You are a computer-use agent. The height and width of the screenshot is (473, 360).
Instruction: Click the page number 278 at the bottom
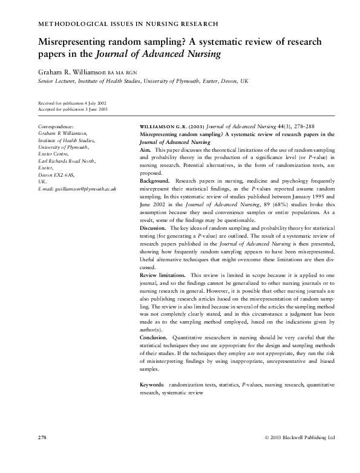point(42,437)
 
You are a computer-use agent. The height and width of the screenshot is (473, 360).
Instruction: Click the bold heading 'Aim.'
point(145,149)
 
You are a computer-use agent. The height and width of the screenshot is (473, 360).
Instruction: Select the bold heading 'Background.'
point(154,181)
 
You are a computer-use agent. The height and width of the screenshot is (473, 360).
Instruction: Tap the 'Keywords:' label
point(152,385)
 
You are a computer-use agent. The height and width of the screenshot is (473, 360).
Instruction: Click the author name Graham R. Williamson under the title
point(73,71)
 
